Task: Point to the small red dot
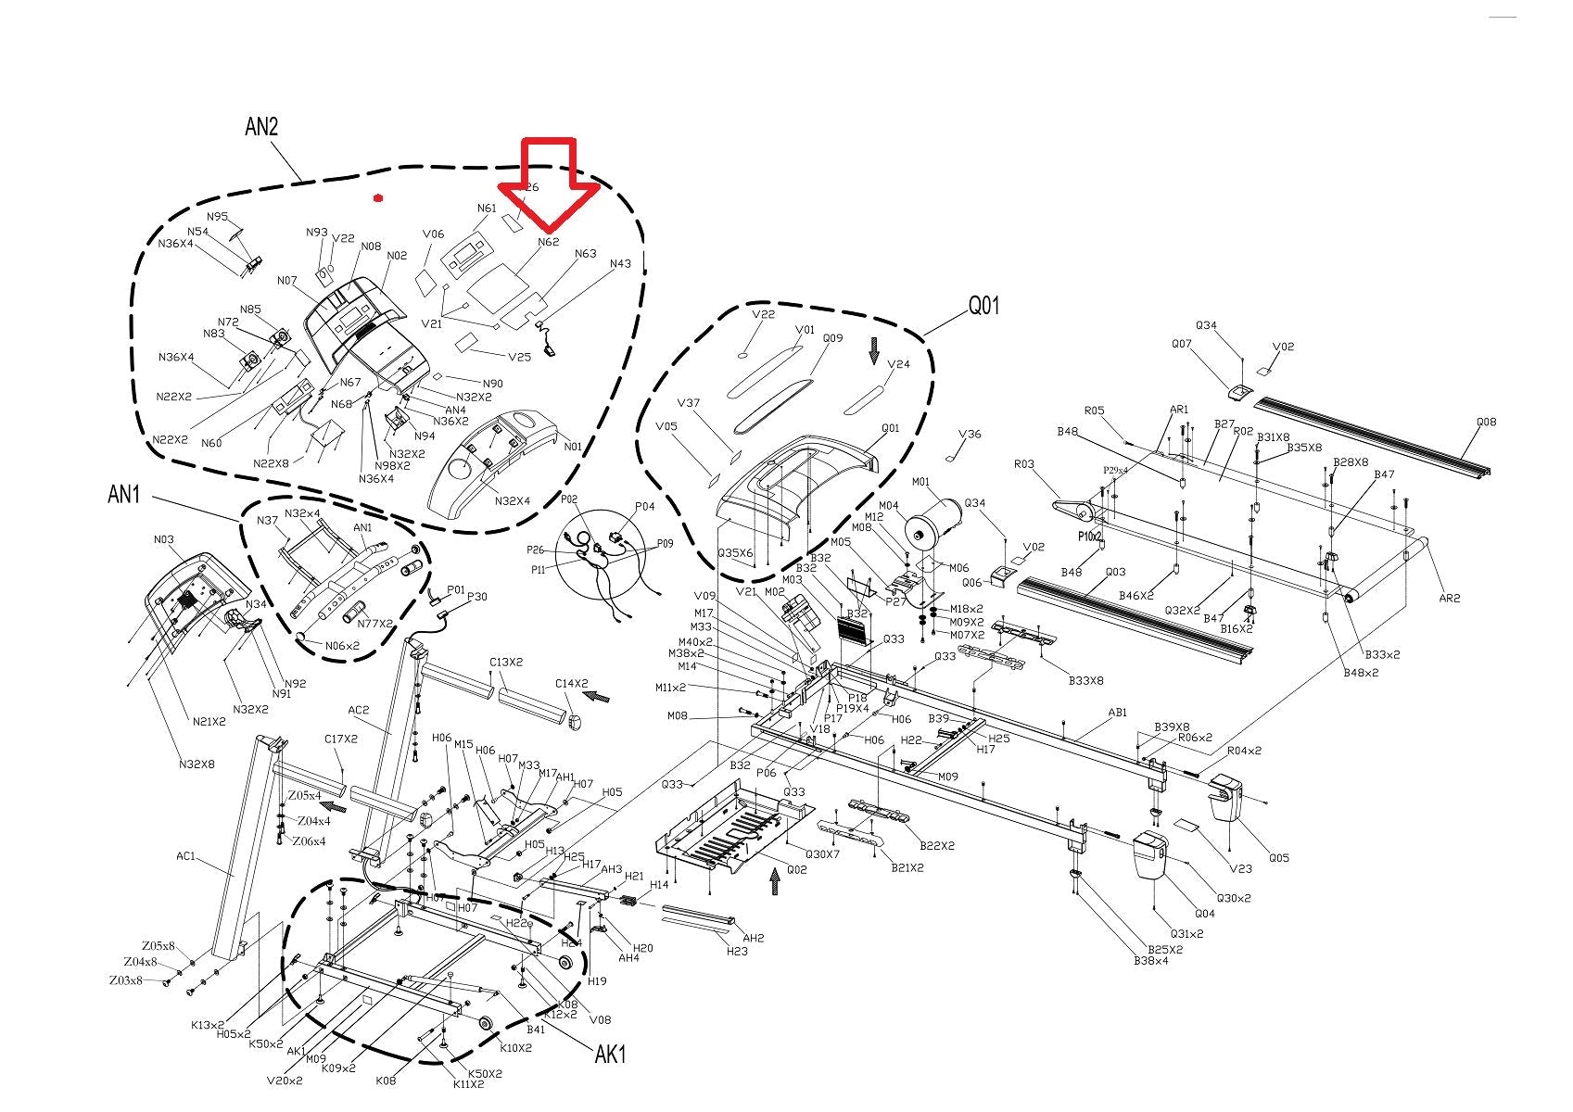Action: (377, 197)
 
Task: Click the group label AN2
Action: (261, 127)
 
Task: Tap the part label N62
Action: (549, 243)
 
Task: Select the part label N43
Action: (620, 264)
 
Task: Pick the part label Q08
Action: (1486, 423)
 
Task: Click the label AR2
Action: (1450, 598)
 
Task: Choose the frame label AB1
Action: (1118, 713)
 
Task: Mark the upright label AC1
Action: (186, 856)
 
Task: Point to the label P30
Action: (477, 597)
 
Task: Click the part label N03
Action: (163, 539)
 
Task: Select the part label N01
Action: (573, 447)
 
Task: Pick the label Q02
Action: (796, 869)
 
